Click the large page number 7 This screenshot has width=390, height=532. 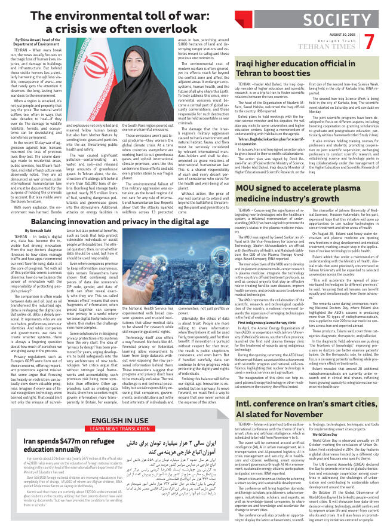pos(368,42)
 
